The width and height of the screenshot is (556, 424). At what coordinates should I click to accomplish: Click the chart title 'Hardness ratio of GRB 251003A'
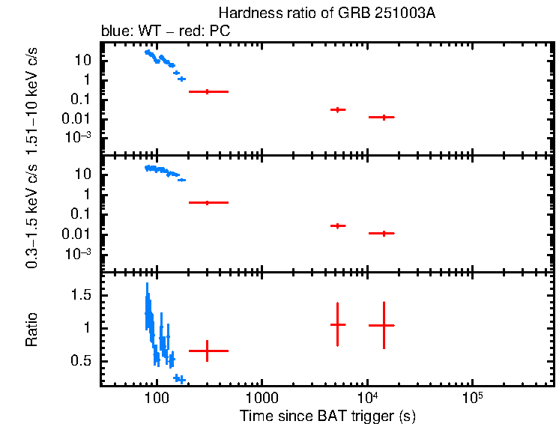tap(327, 13)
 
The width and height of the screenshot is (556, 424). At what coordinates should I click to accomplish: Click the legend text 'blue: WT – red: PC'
tap(165, 31)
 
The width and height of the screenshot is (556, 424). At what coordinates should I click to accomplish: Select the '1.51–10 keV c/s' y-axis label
tap(31, 96)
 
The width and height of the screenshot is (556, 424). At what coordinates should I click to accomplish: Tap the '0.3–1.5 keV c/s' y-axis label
tap(31, 213)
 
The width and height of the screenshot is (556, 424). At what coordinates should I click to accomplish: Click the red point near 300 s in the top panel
tap(208, 91)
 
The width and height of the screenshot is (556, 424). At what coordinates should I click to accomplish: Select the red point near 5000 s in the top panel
tap(338, 109)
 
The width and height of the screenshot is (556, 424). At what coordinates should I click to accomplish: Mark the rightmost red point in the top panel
tap(383, 117)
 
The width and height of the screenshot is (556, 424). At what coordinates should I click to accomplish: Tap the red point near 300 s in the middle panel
tap(208, 202)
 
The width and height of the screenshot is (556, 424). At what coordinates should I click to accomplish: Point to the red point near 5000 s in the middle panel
tap(338, 225)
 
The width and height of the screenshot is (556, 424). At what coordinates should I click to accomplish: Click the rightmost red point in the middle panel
tap(383, 233)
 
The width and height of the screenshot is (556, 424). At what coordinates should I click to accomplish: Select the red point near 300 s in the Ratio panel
tap(208, 351)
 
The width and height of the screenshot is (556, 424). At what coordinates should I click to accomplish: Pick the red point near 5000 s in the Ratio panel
tap(338, 324)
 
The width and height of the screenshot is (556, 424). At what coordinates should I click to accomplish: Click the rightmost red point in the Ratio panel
tap(383, 325)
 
